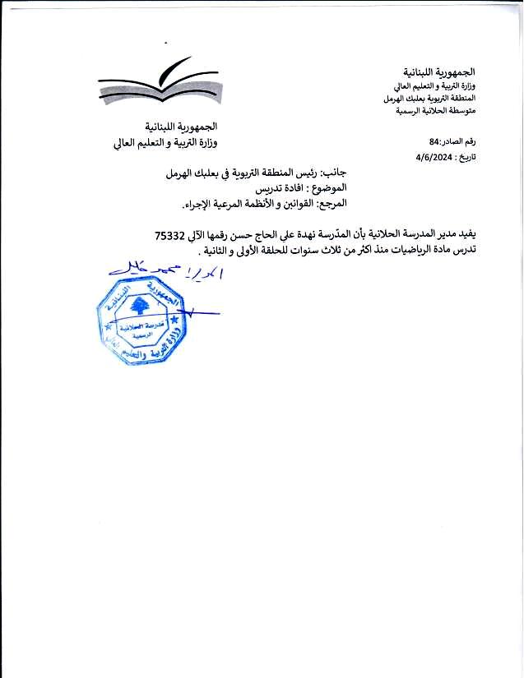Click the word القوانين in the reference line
tap(289, 202)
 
